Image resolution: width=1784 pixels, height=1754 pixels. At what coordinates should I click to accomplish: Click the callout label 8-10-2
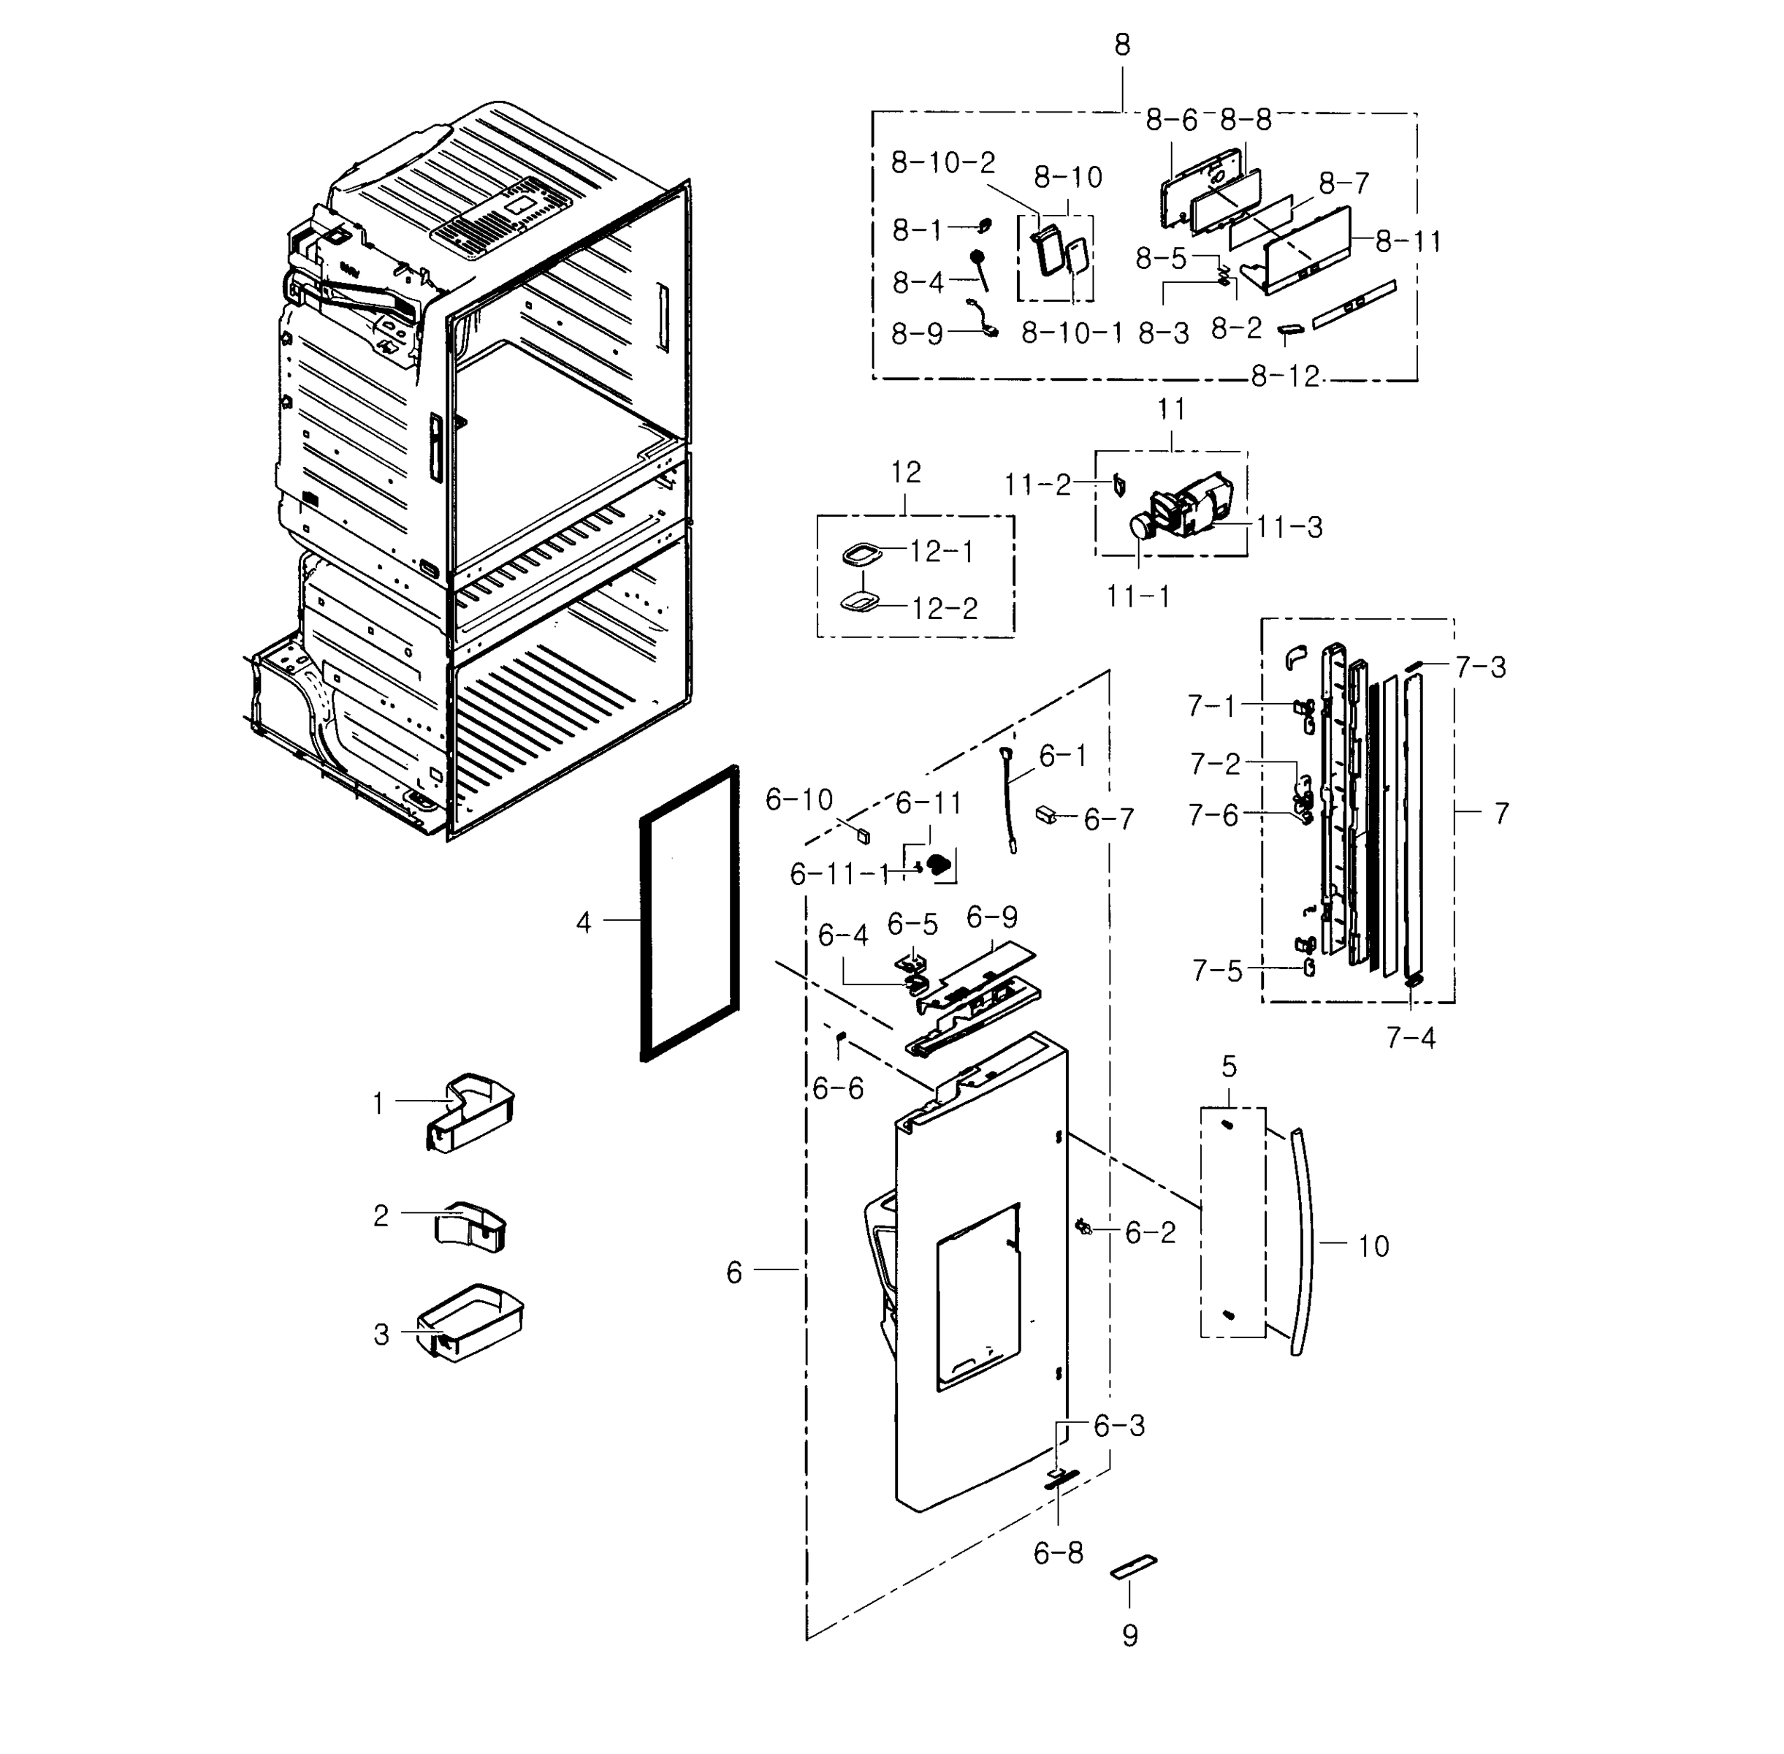tap(942, 163)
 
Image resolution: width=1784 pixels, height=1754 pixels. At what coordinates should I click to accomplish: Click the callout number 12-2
tap(944, 608)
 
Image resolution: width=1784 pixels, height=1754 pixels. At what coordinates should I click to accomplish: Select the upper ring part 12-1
tap(861, 555)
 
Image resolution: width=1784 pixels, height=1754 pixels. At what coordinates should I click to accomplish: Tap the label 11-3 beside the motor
tap(1289, 527)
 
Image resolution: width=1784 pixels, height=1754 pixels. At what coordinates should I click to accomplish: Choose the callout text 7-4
tap(1410, 1039)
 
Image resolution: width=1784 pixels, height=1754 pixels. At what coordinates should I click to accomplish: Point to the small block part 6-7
tap(1046, 814)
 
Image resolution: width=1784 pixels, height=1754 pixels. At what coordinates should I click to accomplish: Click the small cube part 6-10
tap(863, 835)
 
